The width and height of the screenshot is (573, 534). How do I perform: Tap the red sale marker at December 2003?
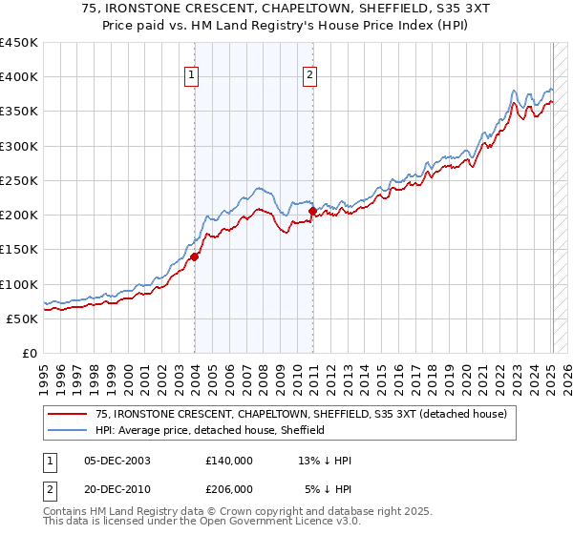pyautogui.click(x=195, y=256)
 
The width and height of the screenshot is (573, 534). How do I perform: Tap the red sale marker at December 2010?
pyautogui.click(x=313, y=211)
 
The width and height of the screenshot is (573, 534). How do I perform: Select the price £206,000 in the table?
pyautogui.click(x=229, y=488)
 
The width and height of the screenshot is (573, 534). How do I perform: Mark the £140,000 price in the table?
pyautogui.click(x=229, y=460)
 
